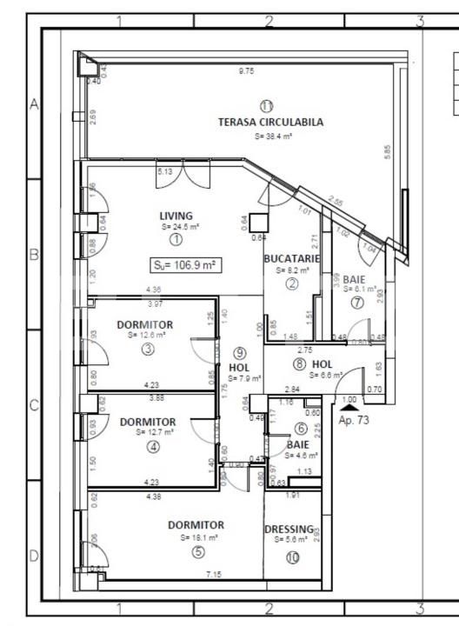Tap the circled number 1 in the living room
176,238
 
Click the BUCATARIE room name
292,259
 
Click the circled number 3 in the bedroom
149,350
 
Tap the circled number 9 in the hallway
240,352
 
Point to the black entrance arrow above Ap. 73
349,406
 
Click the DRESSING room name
290,528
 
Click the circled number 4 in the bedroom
154,448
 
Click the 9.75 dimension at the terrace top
246,71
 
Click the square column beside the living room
257,221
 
